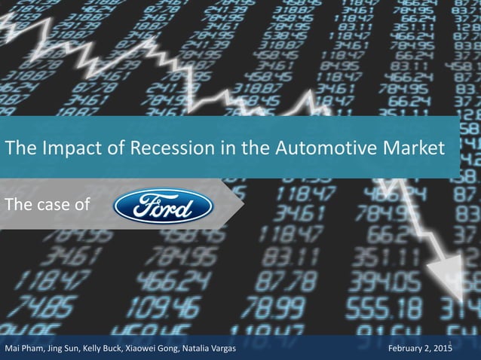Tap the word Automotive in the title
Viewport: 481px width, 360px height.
point(300,148)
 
